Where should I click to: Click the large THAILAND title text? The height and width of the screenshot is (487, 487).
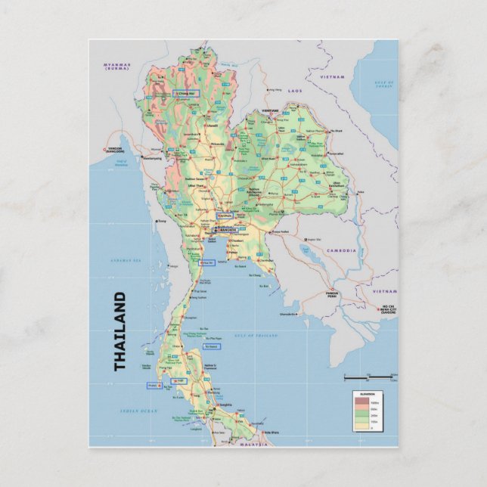click(120, 331)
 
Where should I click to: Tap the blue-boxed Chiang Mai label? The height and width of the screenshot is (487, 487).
click(184, 94)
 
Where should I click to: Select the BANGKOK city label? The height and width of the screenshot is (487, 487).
click(228, 229)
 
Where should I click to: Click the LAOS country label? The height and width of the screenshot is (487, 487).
click(295, 90)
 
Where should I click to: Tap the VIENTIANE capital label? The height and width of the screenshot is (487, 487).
click(271, 110)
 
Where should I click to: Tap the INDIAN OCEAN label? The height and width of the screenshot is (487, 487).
click(142, 411)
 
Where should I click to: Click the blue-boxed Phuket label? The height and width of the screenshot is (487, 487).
click(155, 385)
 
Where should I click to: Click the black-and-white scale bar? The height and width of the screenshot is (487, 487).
click(369, 376)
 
